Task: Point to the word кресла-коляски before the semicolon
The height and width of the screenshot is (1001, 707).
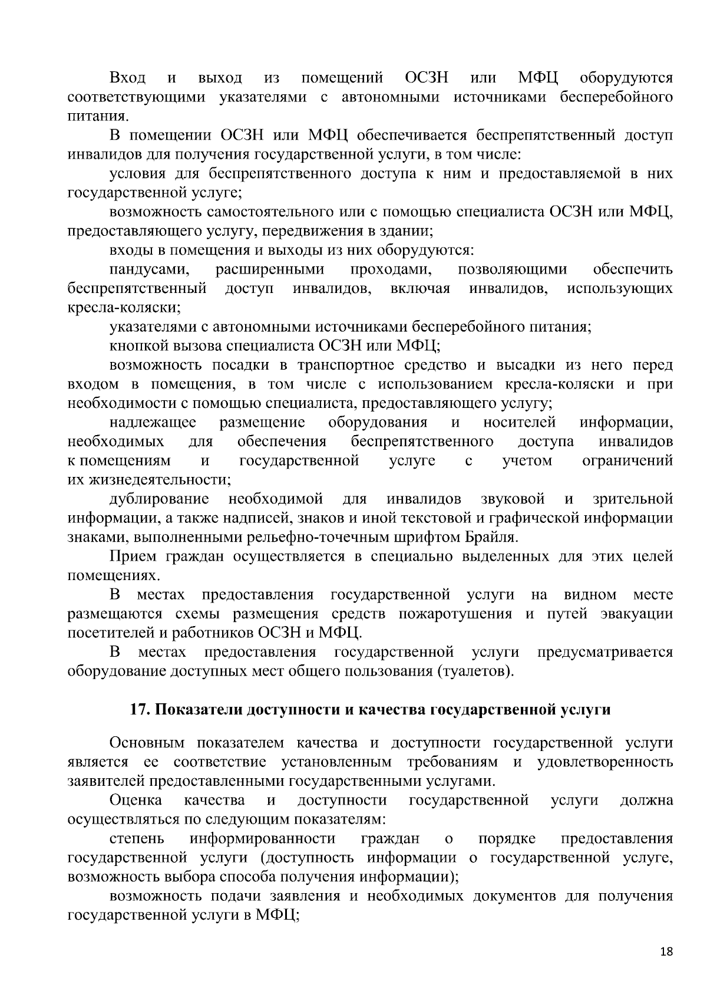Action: pos(123,308)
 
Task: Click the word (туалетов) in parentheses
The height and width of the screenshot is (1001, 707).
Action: pos(475,671)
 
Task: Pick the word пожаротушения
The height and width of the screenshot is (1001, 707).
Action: pos(455,614)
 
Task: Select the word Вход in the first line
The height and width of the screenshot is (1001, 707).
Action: pos(128,78)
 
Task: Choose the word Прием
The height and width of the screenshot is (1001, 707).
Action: pos(133,557)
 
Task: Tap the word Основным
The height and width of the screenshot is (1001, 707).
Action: pos(147,743)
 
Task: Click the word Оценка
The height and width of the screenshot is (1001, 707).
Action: pos(136,800)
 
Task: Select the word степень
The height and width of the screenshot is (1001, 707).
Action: pos(137,838)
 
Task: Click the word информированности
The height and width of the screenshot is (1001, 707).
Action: pos(263,838)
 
